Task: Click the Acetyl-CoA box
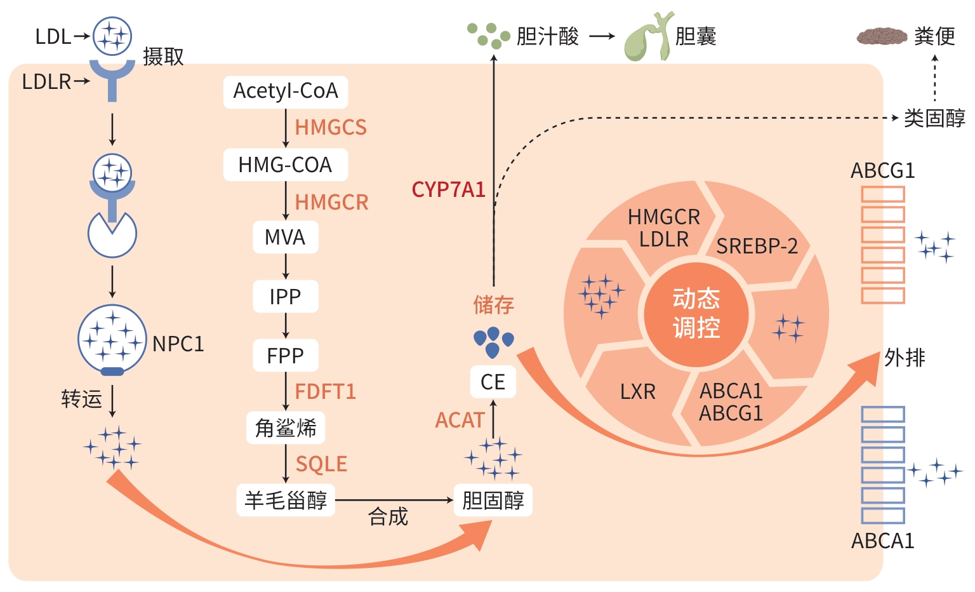pyautogui.click(x=286, y=91)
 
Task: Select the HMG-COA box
pyautogui.click(x=286, y=165)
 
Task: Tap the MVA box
pyautogui.click(x=286, y=238)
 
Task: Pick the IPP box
pyautogui.click(x=286, y=297)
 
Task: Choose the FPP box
pyautogui.click(x=286, y=356)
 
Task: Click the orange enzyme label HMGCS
pyautogui.click(x=331, y=128)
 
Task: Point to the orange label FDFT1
pyautogui.click(x=326, y=391)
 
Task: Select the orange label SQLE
pyautogui.click(x=321, y=464)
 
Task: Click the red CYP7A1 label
pyautogui.click(x=448, y=189)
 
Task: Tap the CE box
pyautogui.click(x=493, y=382)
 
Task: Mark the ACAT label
pyautogui.click(x=460, y=420)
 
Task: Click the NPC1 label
pyautogui.click(x=178, y=344)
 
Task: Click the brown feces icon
pyautogui.click(x=882, y=36)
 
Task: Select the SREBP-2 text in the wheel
pyautogui.click(x=757, y=246)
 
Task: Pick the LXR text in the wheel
pyautogui.click(x=637, y=392)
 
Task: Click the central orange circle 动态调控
pyautogui.click(x=696, y=314)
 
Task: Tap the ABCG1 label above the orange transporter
pyautogui.click(x=882, y=171)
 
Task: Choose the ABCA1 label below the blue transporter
pyautogui.click(x=882, y=541)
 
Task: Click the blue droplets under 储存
pyautogui.click(x=493, y=342)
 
